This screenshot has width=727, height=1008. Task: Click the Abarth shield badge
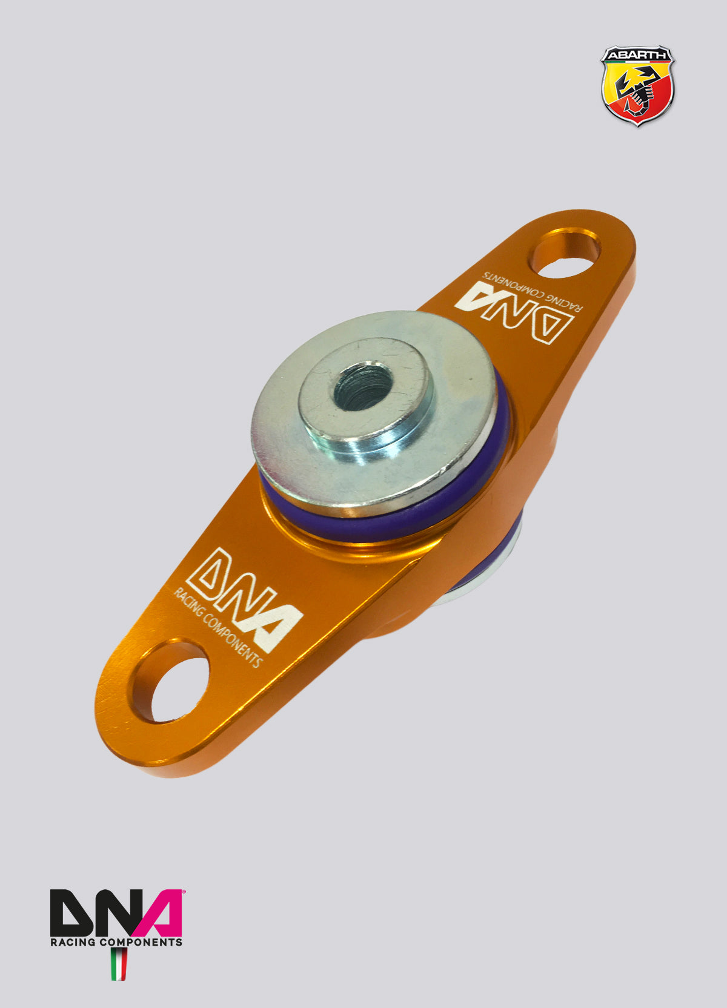[x=637, y=85]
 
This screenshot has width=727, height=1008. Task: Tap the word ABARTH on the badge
[x=637, y=55]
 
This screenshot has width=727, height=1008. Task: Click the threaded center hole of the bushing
[x=363, y=386]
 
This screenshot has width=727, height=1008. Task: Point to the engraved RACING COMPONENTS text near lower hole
[x=217, y=628]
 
